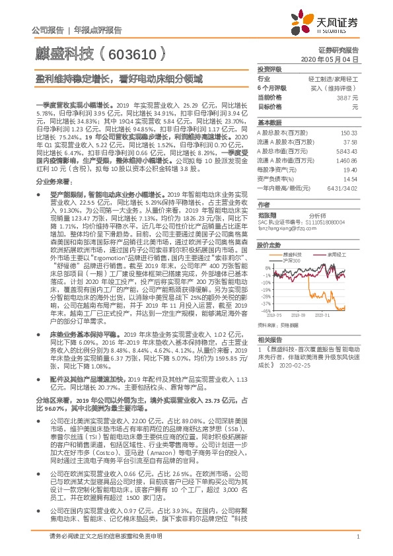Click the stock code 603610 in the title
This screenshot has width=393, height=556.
(x=135, y=52)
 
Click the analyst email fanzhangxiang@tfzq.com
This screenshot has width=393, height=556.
(x=281, y=227)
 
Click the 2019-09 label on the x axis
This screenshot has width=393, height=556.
(x=302, y=316)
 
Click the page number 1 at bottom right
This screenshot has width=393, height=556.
(x=357, y=543)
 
